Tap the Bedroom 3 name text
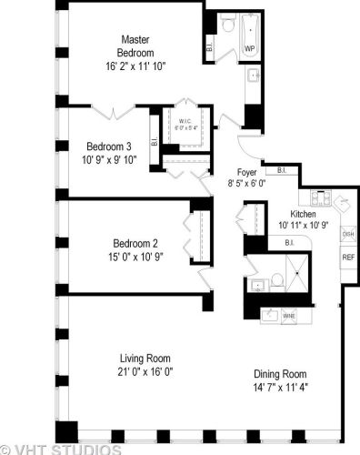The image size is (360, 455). tap(109, 147)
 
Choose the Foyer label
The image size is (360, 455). tap(247, 171)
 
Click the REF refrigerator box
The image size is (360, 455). tap(347, 258)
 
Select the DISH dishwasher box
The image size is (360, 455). tap(347, 234)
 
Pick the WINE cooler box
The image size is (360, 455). tap(289, 317)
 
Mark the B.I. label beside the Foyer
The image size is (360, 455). tap(282, 170)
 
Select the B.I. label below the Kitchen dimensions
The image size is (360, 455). tap(288, 242)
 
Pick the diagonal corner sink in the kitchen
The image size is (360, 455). tap(343, 202)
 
